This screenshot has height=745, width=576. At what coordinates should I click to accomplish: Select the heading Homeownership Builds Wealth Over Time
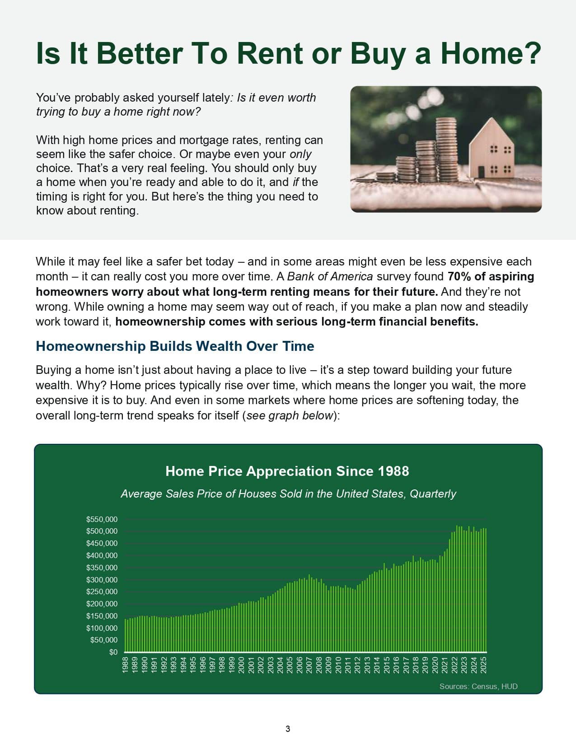175,346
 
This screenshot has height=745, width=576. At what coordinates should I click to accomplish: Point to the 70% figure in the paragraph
459,276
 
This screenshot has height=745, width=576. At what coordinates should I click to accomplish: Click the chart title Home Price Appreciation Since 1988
287,471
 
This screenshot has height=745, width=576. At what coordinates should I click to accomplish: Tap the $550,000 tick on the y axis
102,519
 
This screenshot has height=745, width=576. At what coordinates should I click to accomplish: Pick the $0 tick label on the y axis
113,652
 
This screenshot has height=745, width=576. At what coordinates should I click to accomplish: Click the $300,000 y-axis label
102,580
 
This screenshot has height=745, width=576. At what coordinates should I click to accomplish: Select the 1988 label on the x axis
125,665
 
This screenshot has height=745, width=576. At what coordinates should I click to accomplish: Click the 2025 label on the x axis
483,665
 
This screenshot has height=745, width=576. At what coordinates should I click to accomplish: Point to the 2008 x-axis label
318,665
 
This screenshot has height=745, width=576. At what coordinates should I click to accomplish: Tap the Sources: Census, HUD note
478,686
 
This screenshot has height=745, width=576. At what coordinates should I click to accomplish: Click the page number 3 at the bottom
288,729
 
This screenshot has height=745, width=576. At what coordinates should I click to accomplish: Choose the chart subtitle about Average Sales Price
288,494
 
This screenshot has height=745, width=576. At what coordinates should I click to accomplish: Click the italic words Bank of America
330,276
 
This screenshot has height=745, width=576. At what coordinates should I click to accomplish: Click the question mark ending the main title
533,53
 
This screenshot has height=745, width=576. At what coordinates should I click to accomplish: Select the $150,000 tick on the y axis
102,616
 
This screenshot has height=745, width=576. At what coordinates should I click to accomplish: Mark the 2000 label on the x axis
241,665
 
